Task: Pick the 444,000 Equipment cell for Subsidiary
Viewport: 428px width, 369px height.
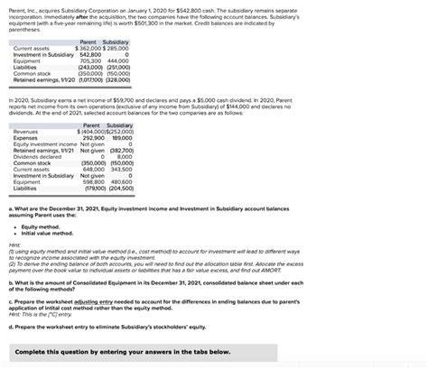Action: point(117,61)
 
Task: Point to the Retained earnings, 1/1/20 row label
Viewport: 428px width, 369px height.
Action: point(41,79)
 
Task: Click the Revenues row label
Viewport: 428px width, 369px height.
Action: point(26,131)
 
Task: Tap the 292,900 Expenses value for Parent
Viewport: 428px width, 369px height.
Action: point(95,137)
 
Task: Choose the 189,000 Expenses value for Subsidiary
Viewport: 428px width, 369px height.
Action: point(121,137)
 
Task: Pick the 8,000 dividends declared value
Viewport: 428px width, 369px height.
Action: point(125,156)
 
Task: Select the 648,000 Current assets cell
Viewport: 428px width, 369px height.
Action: point(95,169)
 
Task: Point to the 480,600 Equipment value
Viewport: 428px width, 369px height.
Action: point(121,181)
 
